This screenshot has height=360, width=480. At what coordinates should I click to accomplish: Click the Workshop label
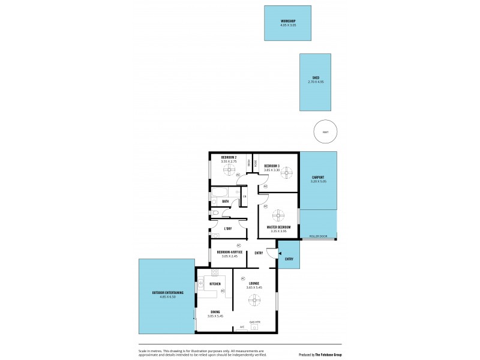[287, 21]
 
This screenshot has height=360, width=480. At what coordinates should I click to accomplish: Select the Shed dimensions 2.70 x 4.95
[315, 82]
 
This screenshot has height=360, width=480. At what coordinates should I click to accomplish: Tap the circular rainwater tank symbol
[325, 132]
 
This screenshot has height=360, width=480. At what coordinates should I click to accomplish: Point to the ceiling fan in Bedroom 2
[229, 170]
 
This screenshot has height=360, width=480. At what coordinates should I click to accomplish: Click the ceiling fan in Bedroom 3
[287, 173]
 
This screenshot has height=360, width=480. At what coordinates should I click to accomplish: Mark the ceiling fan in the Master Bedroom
[278, 215]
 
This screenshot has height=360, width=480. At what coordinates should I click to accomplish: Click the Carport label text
[318, 178]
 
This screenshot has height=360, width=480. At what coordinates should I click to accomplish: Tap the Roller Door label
[318, 236]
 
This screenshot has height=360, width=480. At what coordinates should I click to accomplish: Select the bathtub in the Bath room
[220, 193]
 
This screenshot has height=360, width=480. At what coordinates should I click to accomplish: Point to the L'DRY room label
[228, 229]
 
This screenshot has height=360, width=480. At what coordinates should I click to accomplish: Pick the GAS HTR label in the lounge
[254, 322]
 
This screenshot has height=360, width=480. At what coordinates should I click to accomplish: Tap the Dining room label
[215, 311]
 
